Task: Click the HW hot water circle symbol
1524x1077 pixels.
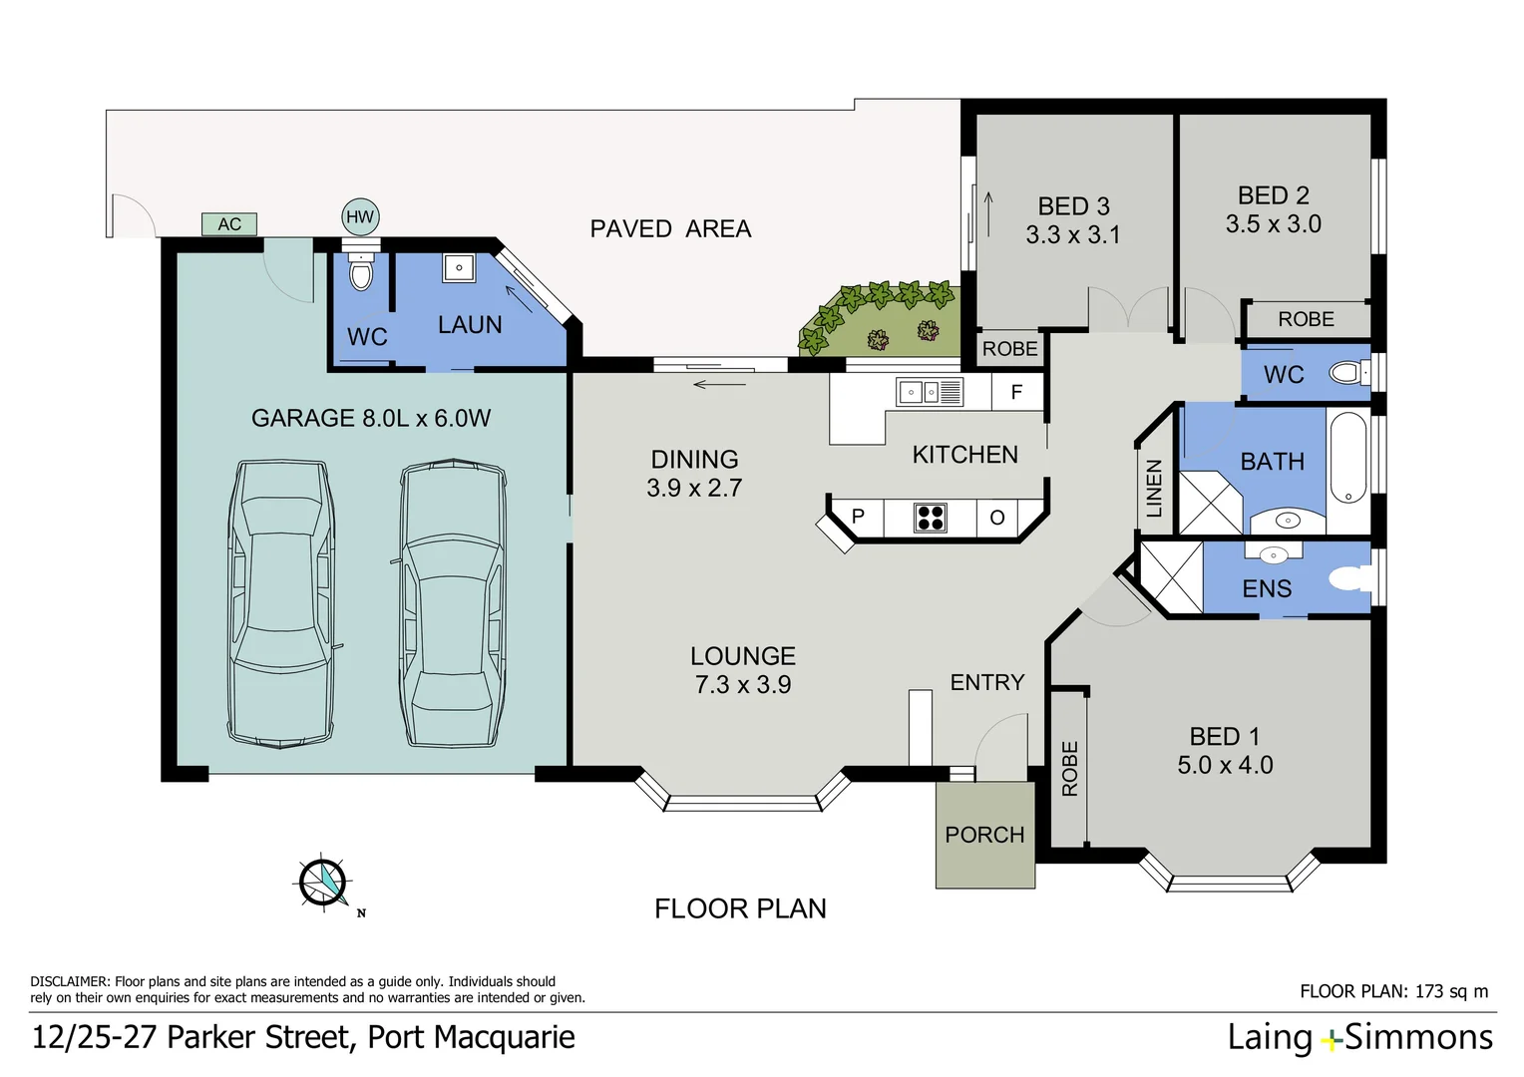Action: point(359,216)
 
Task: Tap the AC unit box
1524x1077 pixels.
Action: point(229,224)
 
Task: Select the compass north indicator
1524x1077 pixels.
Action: point(324,883)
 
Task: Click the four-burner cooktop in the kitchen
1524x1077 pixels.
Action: point(930,518)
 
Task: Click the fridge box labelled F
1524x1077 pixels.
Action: point(1016,392)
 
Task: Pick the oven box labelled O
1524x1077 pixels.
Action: point(996,518)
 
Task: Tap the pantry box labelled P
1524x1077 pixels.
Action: point(858,517)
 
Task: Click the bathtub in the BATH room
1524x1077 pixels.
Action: point(1347,458)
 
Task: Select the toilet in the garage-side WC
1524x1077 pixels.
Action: point(361,271)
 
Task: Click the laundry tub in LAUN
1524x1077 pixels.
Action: point(459,267)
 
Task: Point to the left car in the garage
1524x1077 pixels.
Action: point(281,602)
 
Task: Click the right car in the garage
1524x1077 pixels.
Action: point(452,603)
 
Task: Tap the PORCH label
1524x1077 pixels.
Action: point(984,835)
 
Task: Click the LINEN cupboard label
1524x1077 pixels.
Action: point(1154,488)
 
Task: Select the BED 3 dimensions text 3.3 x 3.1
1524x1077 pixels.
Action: point(1073,235)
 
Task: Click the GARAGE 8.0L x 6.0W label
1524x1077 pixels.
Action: point(371,418)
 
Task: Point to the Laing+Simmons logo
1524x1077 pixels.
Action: point(1359,1038)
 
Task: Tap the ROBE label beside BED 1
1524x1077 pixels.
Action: point(1069,768)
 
